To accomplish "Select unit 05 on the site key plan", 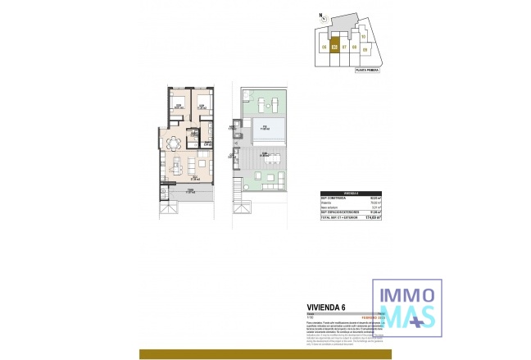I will pos(325,48).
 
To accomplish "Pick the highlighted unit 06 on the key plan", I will pos(334,47).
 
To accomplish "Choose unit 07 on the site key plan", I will pos(344,48).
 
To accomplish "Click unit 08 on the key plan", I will pos(354,48).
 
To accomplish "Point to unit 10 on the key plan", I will pos(363,36).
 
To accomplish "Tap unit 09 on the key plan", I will pos(364,48).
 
